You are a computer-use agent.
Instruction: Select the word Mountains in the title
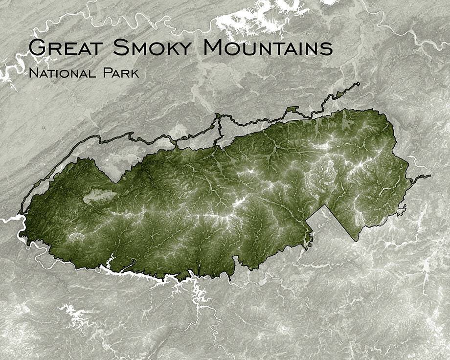click(268, 47)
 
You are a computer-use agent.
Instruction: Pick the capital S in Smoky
click(120, 47)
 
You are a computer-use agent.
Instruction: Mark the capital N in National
click(33, 73)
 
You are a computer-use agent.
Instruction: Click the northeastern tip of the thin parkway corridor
click(358, 84)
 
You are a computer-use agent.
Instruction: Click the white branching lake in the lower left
click(73, 315)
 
